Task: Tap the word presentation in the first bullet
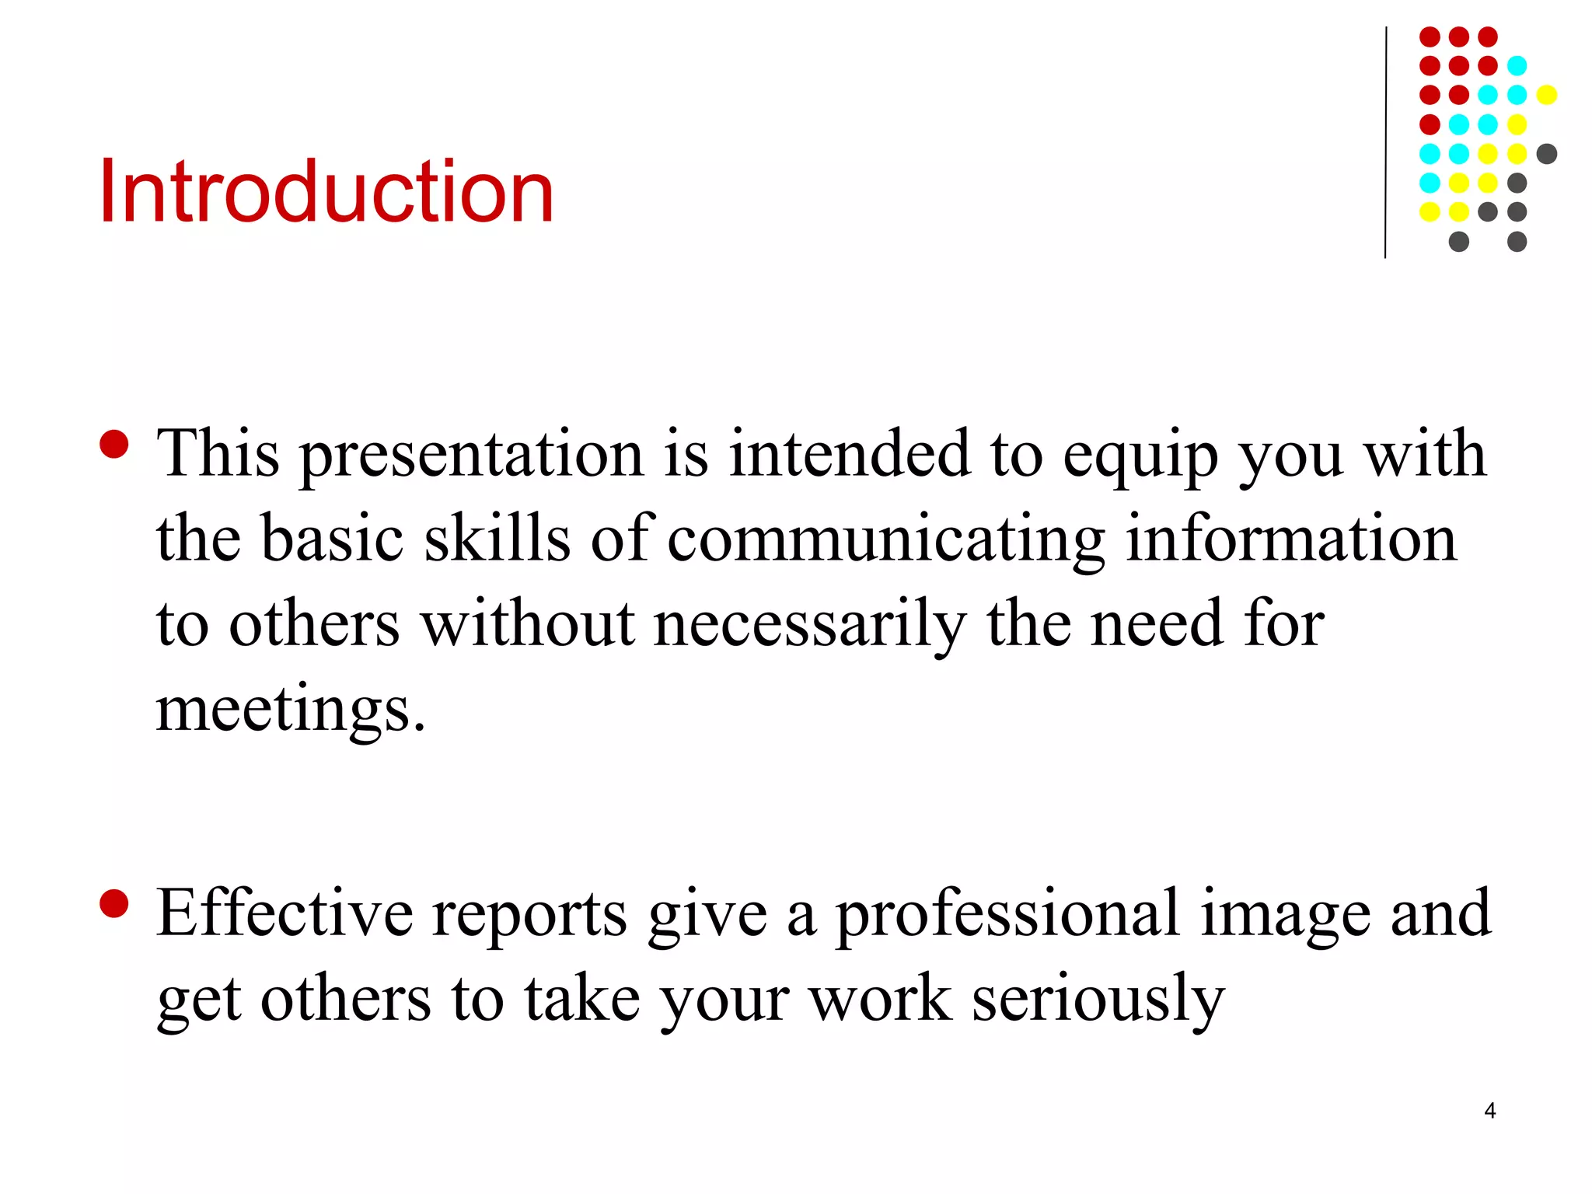click(471, 455)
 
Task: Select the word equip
click(1140, 455)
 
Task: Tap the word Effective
click(285, 913)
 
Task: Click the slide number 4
click(1489, 1111)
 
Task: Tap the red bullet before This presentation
click(114, 445)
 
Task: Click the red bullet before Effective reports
click(114, 904)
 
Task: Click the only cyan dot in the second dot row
click(1517, 66)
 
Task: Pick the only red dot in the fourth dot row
click(1430, 124)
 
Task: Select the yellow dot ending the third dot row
click(1546, 95)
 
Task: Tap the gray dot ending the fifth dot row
click(1546, 154)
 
